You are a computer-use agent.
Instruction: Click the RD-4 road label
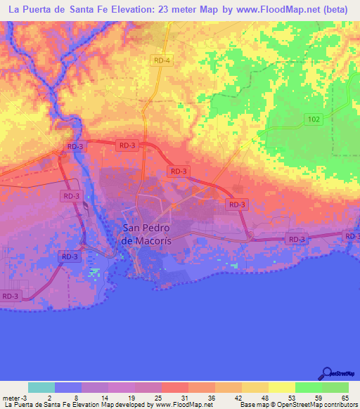162,61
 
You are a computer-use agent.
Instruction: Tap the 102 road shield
314,119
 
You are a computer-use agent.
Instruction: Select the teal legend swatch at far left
41,387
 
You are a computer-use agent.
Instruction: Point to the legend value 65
345,398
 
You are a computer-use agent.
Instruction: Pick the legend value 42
238,398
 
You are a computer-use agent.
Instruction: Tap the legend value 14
105,398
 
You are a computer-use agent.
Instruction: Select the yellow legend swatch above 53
282,387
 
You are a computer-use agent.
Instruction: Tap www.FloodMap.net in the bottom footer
184,405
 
